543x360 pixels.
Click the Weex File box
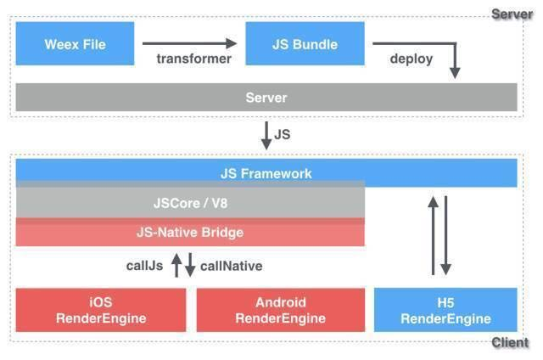[76, 43]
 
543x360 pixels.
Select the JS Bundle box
[305, 43]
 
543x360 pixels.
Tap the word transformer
[193, 59]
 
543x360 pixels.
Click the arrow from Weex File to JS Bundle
[190, 43]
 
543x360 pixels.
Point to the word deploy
[411, 59]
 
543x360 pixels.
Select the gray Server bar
[266, 98]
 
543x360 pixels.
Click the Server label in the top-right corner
[512, 14]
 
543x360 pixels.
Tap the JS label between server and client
[283, 133]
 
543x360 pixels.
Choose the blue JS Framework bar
[266, 173]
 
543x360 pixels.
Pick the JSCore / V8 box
[190, 204]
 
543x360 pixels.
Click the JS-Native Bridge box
[190, 232]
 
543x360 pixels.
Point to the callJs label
[144, 266]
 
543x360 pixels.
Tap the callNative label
[232, 266]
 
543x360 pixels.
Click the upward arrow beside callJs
[176, 266]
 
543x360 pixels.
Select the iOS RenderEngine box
[101, 310]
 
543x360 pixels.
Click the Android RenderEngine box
[280, 310]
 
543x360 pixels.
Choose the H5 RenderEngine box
[445, 310]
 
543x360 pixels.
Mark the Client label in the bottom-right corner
[511, 343]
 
